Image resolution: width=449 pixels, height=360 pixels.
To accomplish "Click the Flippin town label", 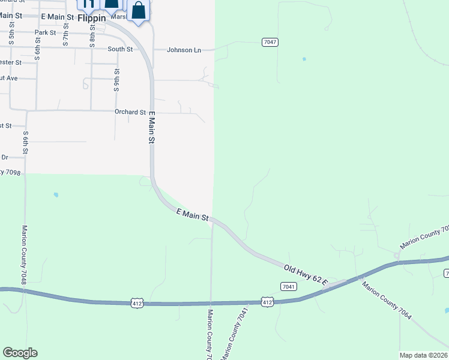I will pyautogui.click(x=91, y=18).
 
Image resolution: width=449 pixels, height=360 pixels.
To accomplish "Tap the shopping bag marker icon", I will pyautogui.click(x=139, y=11).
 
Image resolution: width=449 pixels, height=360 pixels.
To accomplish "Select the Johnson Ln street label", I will pyautogui.click(x=184, y=50).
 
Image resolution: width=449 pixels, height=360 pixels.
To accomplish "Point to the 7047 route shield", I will pyautogui.click(x=270, y=42).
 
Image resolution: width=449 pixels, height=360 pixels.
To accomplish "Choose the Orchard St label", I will pyautogui.click(x=130, y=112).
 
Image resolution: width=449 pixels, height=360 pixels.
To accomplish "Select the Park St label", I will pyautogui.click(x=45, y=32).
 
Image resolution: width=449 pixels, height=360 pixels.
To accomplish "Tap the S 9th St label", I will pyautogui.click(x=117, y=79).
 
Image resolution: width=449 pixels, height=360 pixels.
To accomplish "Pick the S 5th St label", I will pyautogui.click(x=11, y=37).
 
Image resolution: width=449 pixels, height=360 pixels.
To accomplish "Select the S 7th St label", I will pyautogui.click(x=65, y=36).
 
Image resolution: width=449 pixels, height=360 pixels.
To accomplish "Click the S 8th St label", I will pyautogui.click(x=92, y=37).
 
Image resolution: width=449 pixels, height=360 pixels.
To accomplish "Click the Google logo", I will pyautogui.click(x=20, y=353).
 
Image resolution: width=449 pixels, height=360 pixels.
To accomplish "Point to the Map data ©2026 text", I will pyautogui.click(x=423, y=355).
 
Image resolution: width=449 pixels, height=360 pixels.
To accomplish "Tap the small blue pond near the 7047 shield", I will pyautogui.click(x=304, y=59).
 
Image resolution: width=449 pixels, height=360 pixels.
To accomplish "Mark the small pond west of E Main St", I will pyautogui.click(x=56, y=195).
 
